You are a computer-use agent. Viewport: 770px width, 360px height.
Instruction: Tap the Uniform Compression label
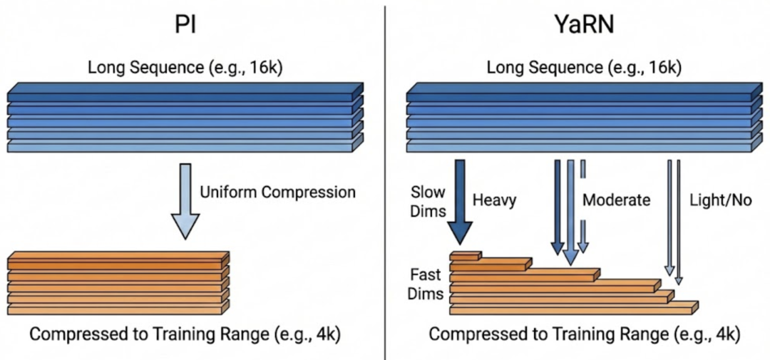[277, 192]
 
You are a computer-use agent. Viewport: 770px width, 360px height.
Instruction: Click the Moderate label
[617, 200]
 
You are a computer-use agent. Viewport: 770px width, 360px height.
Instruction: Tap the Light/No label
[722, 200]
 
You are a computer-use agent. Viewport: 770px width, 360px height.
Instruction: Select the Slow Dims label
[428, 200]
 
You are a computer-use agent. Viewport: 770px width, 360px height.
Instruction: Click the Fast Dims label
[426, 284]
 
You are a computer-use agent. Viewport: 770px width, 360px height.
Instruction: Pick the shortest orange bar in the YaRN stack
[465, 255]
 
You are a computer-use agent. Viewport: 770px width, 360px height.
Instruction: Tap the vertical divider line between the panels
[385, 178]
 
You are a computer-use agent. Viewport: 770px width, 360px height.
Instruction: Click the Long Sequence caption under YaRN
[583, 68]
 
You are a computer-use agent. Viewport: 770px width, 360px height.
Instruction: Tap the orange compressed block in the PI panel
[118, 282]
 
